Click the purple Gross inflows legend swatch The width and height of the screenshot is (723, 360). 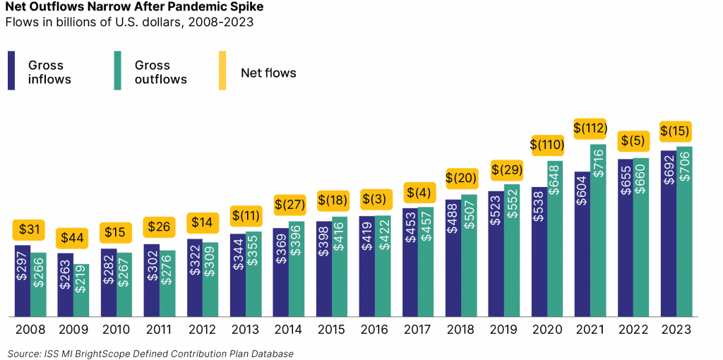[12, 71]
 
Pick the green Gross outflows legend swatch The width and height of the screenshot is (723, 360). [117, 71]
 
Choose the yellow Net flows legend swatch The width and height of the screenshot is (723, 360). [222, 71]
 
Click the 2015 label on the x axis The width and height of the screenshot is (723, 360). [332, 330]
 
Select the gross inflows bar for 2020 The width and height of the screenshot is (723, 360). [539, 251]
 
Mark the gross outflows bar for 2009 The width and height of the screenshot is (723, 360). [82, 290]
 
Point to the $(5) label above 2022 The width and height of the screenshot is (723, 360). [633, 140]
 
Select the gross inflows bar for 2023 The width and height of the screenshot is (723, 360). [668, 233]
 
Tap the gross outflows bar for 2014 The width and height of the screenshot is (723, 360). [297, 269]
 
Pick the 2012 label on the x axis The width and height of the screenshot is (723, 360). [203, 330]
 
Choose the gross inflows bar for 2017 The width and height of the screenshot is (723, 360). [410, 261]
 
